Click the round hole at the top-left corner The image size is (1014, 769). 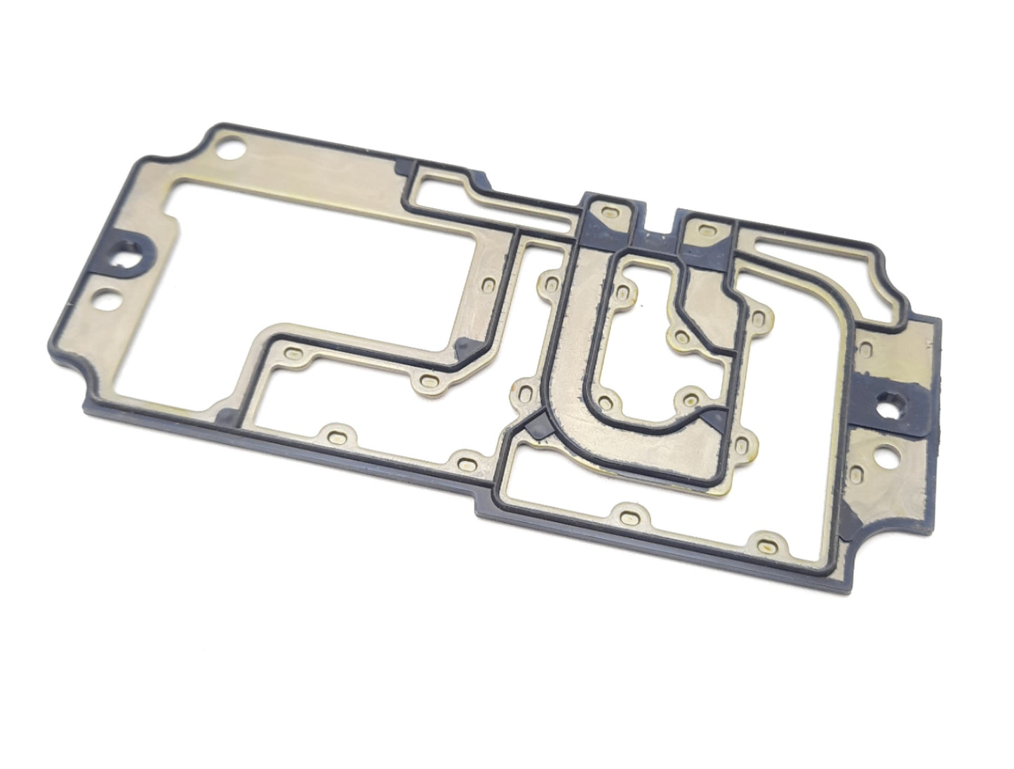[x=229, y=149]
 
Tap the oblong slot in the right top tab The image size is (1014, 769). [x=706, y=230]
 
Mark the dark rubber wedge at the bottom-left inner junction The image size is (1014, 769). [x=228, y=417]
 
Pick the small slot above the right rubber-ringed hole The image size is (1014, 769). [x=865, y=349]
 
